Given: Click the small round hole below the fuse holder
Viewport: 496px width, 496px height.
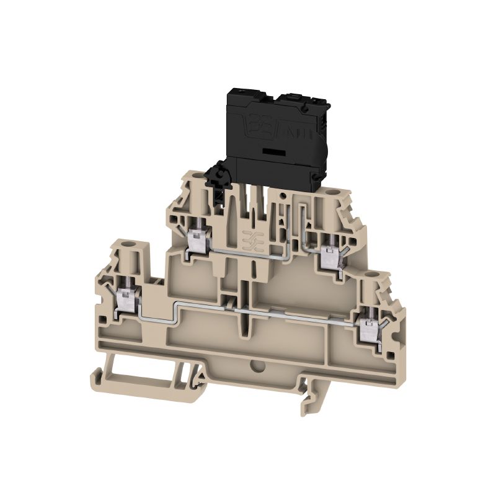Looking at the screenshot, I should point(283,197).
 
